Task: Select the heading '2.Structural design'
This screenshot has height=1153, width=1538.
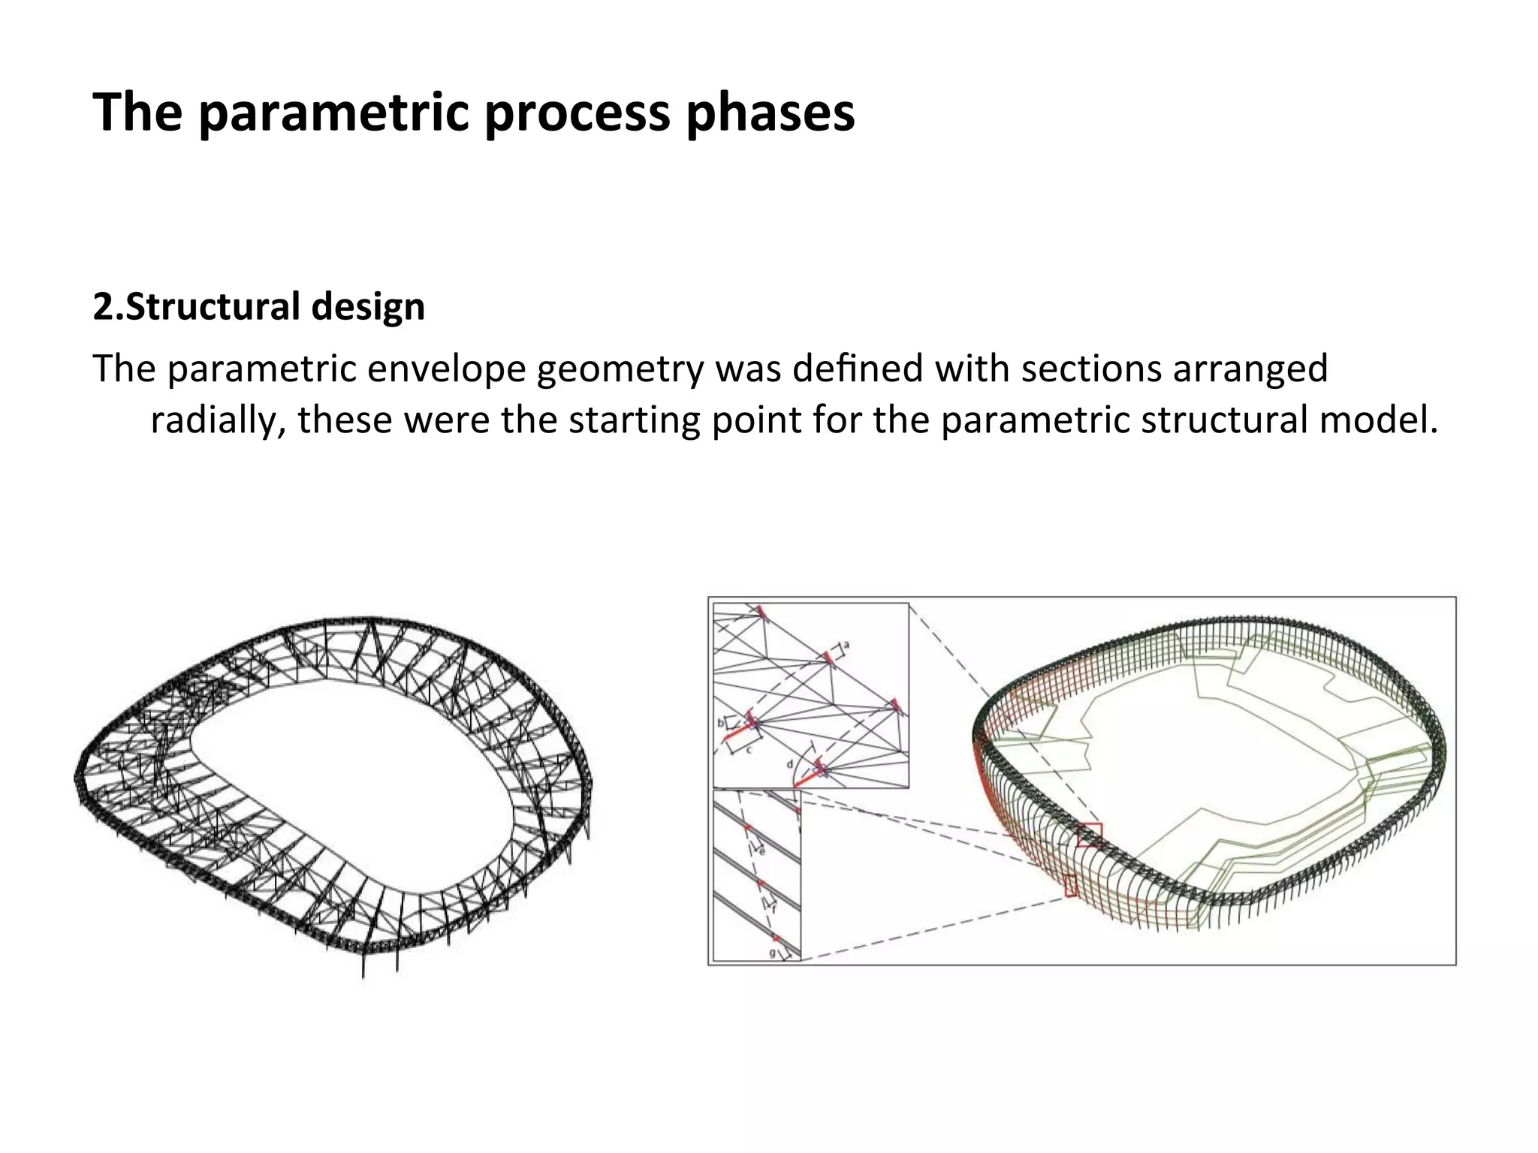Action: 258,306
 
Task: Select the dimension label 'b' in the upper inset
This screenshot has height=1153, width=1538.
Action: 720,723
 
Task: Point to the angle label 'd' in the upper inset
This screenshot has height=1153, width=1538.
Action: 789,764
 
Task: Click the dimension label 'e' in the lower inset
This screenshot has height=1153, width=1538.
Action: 761,851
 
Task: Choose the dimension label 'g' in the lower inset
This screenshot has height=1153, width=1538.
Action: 772,953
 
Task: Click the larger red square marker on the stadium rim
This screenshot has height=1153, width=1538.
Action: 1090,835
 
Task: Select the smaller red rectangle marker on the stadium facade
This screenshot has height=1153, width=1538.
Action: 1071,886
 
